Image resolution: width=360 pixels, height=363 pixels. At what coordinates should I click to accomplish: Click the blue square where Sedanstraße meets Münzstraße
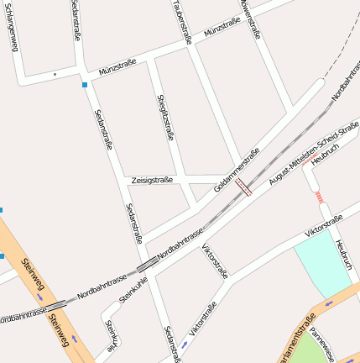[85, 84]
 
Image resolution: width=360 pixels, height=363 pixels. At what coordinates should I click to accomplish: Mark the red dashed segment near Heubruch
[319, 197]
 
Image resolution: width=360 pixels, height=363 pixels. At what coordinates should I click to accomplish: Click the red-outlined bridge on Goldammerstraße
[243, 187]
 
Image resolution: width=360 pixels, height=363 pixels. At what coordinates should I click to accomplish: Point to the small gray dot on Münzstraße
[55, 75]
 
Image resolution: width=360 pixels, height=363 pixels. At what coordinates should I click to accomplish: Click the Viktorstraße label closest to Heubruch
[323, 225]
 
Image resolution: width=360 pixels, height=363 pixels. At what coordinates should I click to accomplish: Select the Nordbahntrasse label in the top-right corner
[345, 87]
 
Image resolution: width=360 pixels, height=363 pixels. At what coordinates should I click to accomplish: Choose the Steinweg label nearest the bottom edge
[58, 329]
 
